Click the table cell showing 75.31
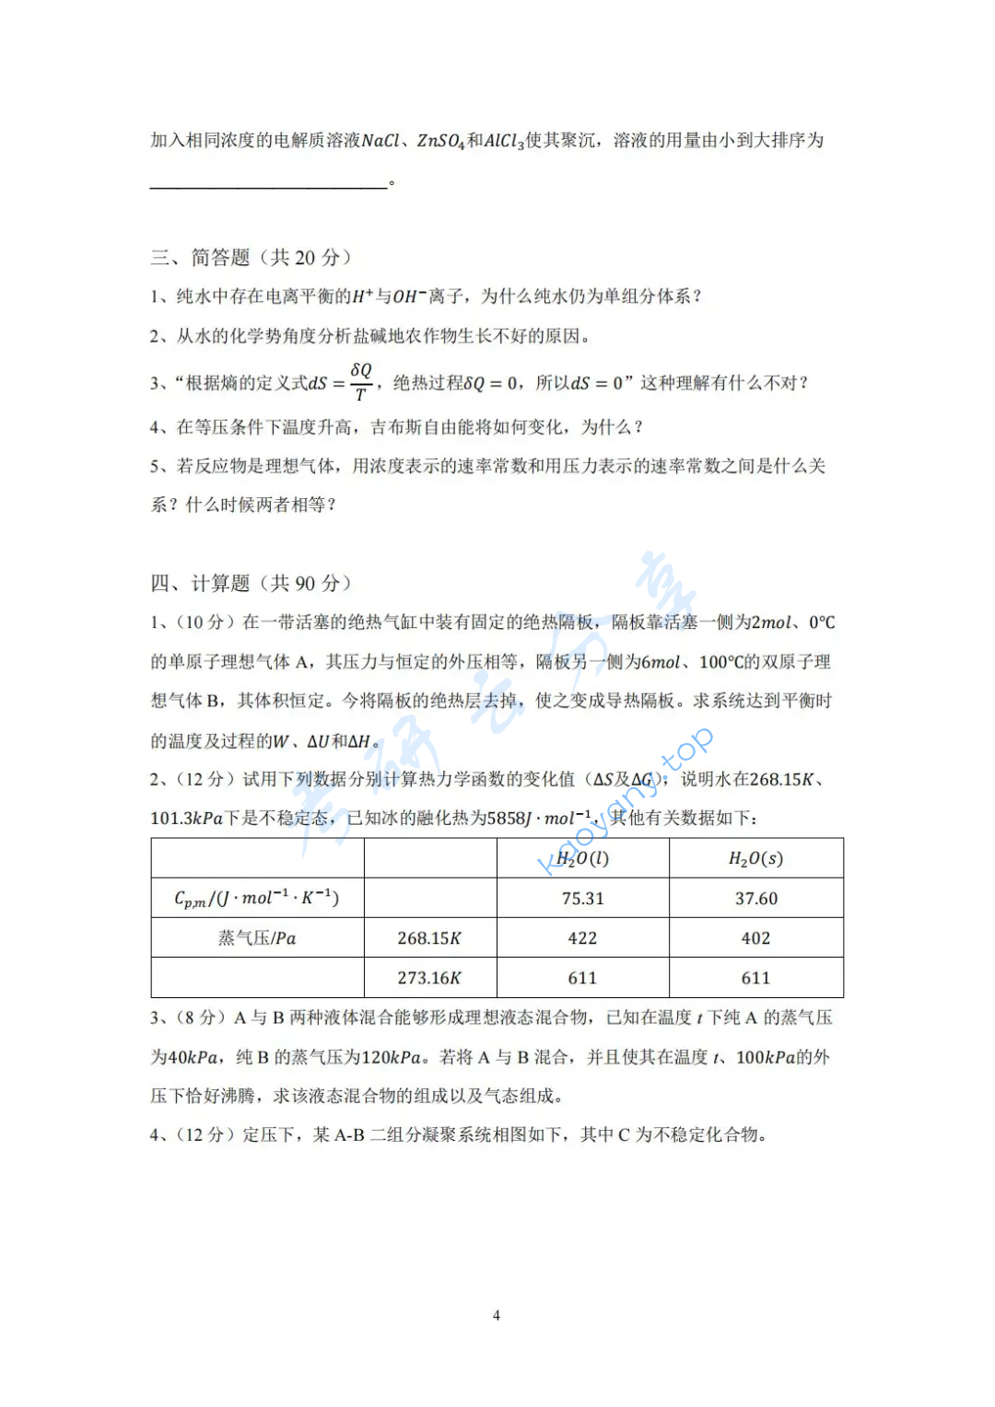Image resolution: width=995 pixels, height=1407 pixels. coord(582,898)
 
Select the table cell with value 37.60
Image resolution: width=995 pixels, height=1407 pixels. coord(755,898)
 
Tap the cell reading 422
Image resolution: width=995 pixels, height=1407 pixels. coord(582,937)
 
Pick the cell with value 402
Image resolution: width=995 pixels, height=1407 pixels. coord(755,937)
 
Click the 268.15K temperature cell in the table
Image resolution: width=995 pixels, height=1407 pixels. coord(429,937)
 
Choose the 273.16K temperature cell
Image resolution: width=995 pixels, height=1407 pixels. coord(429,977)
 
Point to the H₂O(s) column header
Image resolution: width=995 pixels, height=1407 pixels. coord(755,858)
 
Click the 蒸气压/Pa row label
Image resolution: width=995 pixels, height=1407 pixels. coord(257,937)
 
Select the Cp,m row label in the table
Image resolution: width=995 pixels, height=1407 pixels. coord(257,898)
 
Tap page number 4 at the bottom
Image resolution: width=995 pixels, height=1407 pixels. coord(497,1315)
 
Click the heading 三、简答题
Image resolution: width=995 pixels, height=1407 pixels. coord(251,257)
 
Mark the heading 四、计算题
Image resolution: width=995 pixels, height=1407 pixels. coord(251,583)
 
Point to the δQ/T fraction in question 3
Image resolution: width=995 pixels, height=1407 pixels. coord(361,381)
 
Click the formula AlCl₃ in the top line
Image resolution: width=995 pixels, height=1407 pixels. coord(504,141)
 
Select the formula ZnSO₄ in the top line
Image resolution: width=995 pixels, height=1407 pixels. coord(440,141)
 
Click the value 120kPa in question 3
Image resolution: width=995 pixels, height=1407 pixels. coord(391,1057)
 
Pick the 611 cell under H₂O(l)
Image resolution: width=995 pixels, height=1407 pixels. coord(582,977)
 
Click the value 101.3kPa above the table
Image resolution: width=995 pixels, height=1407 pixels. coord(187,818)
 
